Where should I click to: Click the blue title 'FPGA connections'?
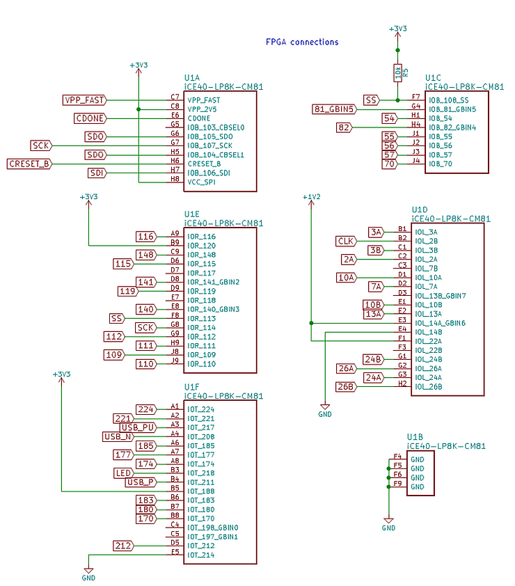pos(302,42)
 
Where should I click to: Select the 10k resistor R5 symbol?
pos(397,72)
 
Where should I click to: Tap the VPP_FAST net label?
pos(85,100)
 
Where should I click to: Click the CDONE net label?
pos(90,118)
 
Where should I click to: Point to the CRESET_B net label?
pos(29,164)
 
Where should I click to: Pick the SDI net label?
pos(96,173)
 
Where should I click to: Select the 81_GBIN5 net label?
pos(335,109)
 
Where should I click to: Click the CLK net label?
pos(346,241)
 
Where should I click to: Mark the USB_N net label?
pos(118,436)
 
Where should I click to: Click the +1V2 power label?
pos(311,197)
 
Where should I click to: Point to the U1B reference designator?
pos(415,437)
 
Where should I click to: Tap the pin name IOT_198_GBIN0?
pos(212,528)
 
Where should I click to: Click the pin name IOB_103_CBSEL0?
pos(216,127)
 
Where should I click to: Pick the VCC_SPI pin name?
pos(203,182)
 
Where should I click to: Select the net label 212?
pos(125,546)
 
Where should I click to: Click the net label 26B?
pos(346,386)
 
